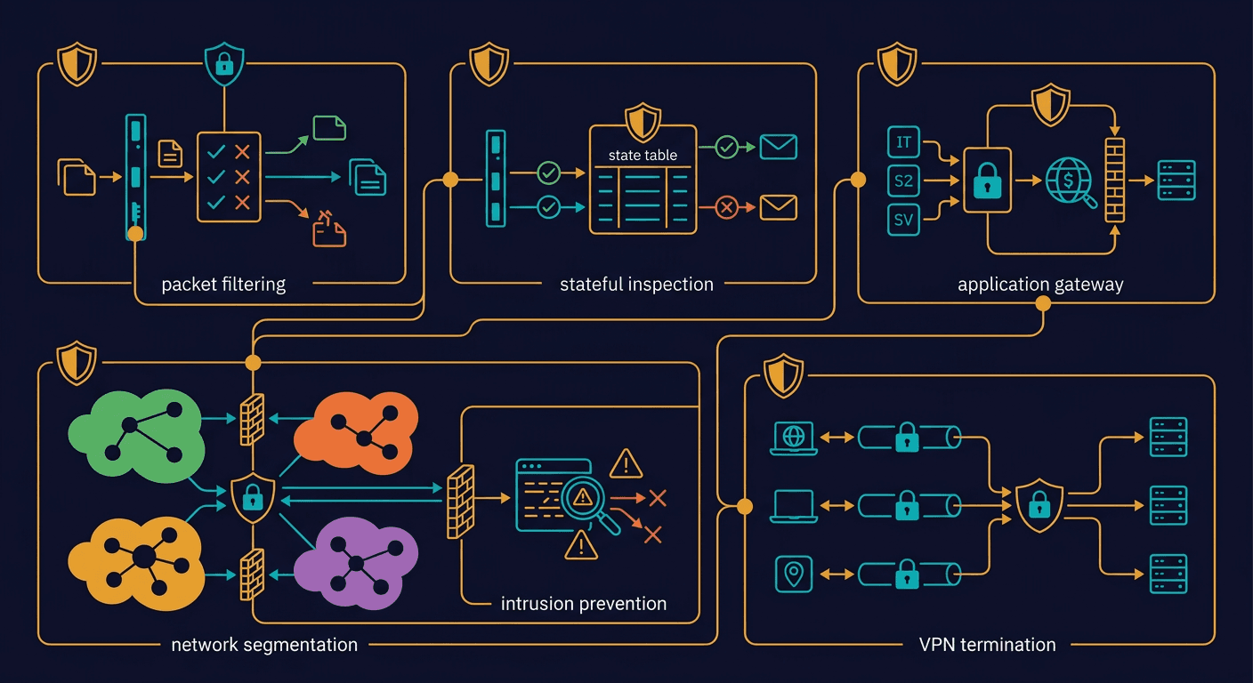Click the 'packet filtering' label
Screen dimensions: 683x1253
[223, 285]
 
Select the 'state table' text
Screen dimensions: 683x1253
[643, 155]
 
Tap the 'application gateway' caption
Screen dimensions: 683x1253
[1040, 285]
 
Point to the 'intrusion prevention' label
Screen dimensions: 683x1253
[584, 604]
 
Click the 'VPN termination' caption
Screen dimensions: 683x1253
[987, 644]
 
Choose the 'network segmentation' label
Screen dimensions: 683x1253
[264, 644]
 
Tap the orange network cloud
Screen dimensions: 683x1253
[356, 434]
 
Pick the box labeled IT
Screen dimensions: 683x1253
[903, 142]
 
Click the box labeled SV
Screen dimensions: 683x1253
[903, 220]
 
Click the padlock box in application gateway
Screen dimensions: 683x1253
[987, 181]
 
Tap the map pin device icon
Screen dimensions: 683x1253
[793, 574]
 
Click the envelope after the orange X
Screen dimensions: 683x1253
[778, 207]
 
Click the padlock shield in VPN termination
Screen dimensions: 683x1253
[1039, 505]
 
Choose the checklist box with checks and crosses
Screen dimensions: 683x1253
[229, 177]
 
